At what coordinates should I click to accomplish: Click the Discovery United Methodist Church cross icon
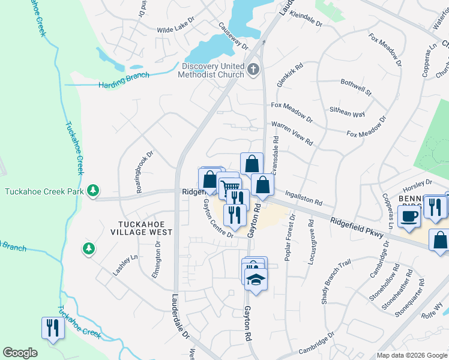pyautogui.click(x=253, y=70)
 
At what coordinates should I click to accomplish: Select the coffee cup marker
pyautogui.click(x=409, y=217)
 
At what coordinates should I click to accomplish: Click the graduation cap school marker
pyautogui.click(x=256, y=280)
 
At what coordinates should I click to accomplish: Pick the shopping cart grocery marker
pyautogui.click(x=229, y=188)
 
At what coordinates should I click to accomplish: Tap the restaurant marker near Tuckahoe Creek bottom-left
pyautogui.click(x=53, y=328)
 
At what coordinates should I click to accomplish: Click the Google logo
pyautogui.click(x=20, y=353)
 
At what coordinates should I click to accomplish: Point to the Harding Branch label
pyautogui.click(x=124, y=85)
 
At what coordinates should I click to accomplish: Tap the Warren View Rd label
pyautogui.click(x=292, y=133)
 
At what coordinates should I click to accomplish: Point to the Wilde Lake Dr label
pyautogui.click(x=176, y=28)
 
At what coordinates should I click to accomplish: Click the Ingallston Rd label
pyautogui.click(x=304, y=196)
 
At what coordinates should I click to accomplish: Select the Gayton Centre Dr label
pyautogui.click(x=217, y=218)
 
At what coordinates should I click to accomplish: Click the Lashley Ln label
pyautogui.click(x=125, y=265)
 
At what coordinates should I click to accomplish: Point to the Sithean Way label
pyautogui.click(x=347, y=112)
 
